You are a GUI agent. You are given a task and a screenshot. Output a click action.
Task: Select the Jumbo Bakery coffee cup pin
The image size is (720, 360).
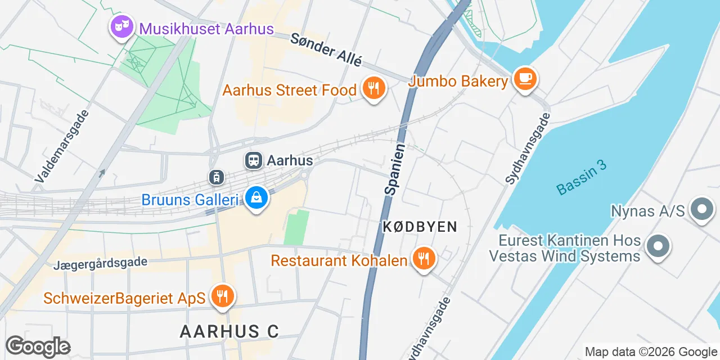pos(525,79)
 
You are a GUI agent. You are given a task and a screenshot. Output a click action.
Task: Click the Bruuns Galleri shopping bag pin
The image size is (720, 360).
pos(256,198)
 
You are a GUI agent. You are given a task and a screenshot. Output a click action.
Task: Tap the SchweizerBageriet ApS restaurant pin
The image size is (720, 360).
pos(223,296)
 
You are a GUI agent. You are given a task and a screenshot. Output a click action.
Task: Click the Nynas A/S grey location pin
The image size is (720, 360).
pos(701,210)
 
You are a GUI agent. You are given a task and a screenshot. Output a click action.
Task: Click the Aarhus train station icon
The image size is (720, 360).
pos(254,161)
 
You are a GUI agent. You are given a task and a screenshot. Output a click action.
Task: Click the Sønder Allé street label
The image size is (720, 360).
pos(326,50)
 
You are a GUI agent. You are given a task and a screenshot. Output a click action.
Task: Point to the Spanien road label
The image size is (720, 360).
pos(395,169)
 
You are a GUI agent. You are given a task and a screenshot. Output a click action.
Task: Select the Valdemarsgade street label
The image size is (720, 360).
pos(62,146)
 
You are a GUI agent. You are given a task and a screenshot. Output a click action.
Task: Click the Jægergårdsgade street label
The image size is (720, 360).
pos(101,263)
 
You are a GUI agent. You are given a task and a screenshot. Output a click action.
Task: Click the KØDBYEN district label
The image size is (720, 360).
pos(419,227)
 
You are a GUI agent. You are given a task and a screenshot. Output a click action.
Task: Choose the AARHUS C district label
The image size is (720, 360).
pos(229,331)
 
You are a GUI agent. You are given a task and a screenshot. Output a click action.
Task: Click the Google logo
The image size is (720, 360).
pos(38,346)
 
